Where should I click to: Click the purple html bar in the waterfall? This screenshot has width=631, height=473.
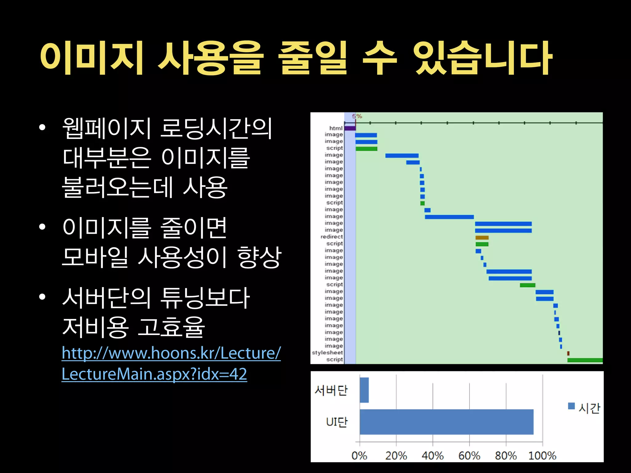(x=350, y=128)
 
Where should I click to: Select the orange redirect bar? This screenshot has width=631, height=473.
(x=482, y=237)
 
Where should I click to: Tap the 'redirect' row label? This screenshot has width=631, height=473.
(x=332, y=237)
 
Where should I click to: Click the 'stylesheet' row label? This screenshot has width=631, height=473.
(x=327, y=353)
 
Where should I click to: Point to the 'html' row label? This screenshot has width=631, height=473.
(x=336, y=128)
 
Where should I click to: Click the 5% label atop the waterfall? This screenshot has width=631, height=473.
(x=357, y=116)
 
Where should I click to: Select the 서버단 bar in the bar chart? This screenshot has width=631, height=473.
(x=364, y=390)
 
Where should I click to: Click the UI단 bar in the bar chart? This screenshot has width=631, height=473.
(x=446, y=422)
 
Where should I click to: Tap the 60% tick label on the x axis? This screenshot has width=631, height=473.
(x=469, y=455)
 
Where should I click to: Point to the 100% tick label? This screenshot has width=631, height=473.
(x=542, y=455)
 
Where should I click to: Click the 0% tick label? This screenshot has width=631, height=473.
(x=359, y=455)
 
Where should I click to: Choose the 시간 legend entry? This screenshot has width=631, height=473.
(x=584, y=408)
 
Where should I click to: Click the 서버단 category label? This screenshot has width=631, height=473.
(x=331, y=390)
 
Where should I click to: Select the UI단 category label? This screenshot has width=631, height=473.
(x=337, y=422)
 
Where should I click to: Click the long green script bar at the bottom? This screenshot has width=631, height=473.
(x=585, y=360)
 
